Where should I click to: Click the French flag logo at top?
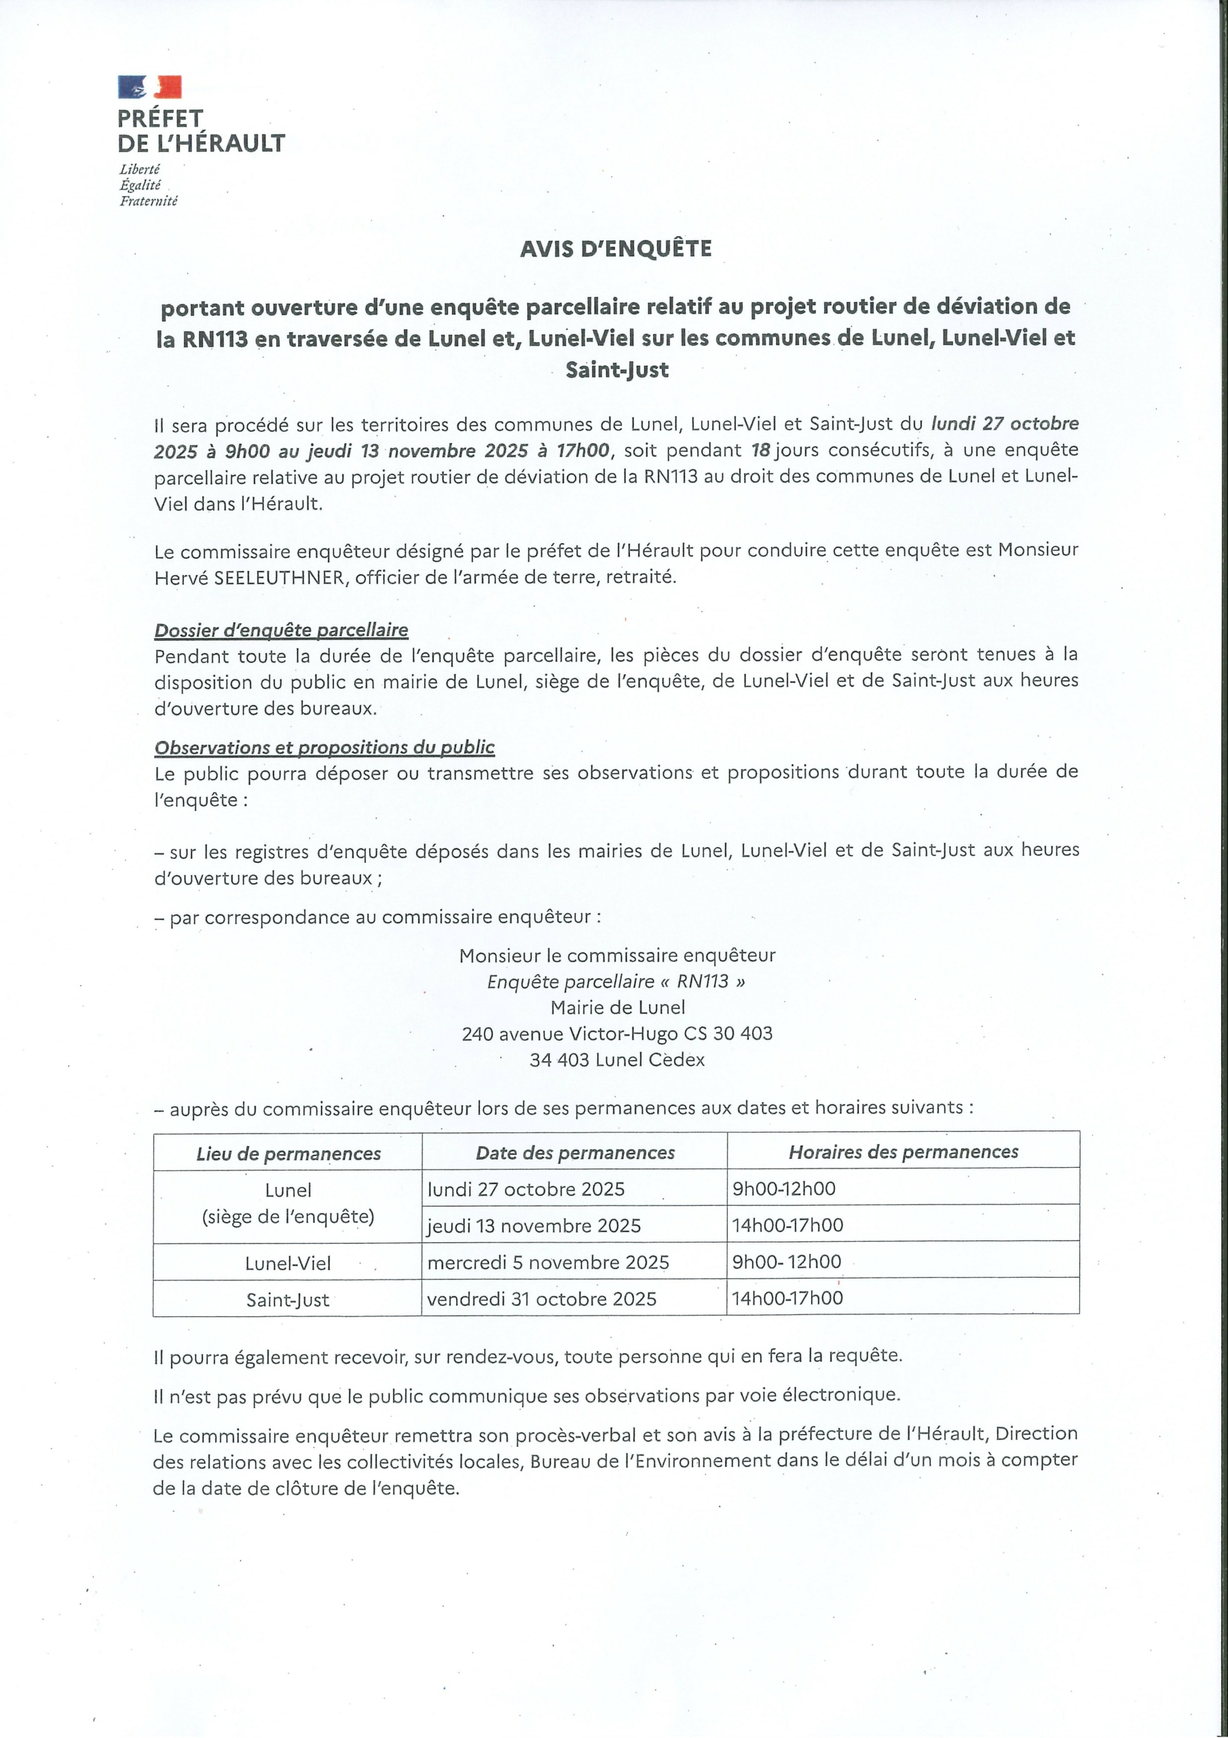[x=150, y=87]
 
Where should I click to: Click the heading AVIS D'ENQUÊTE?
[x=616, y=249]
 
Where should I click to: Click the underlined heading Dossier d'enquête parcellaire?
[x=281, y=631]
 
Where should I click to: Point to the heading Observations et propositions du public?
[x=324, y=748]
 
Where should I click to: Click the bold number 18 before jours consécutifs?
[x=760, y=450]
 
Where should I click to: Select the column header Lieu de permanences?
[x=289, y=1153]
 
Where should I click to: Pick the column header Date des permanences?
[x=575, y=1153]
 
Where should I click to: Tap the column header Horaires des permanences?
[x=904, y=1152]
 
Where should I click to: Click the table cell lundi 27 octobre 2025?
[x=526, y=1189]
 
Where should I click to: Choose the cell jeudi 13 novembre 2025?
[x=534, y=1225]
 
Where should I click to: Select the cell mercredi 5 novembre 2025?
[x=548, y=1262]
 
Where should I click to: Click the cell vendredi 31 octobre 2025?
[x=541, y=1299]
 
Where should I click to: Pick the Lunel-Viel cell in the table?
[x=288, y=1263]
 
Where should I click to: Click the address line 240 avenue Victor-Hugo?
[x=617, y=1034]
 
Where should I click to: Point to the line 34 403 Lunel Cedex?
[x=617, y=1060]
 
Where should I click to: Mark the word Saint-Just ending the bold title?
[x=617, y=370]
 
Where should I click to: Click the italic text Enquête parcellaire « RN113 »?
[x=617, y=982]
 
